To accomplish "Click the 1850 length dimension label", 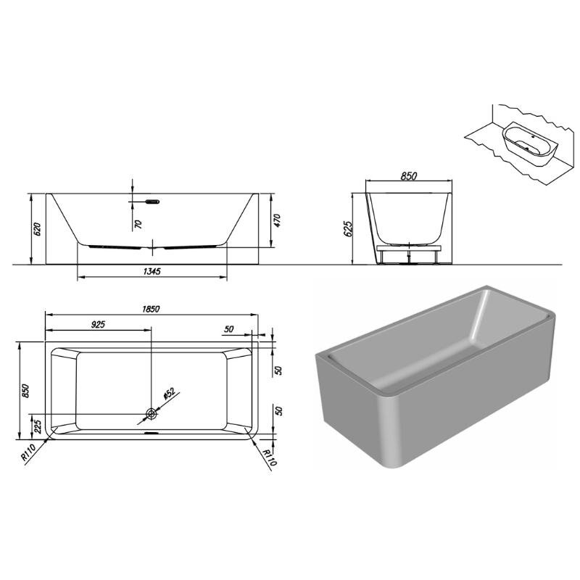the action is click(151, 309).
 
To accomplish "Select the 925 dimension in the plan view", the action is click(98, 324).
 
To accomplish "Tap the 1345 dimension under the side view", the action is click(152, 271).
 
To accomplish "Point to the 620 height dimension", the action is click(37, 229).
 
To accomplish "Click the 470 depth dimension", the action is click(278, 220).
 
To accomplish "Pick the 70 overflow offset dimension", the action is click(138, 224).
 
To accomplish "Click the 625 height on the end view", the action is click(348, 229).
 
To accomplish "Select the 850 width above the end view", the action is click(409, 175).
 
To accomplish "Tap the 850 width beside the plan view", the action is click(25, 391).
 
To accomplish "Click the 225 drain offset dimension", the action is click(38, 426).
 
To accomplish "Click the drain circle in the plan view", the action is click(152, 414).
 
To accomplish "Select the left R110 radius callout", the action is click(28, 452).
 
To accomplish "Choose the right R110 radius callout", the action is click(269, 457).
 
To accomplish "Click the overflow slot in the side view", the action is click(152, 202).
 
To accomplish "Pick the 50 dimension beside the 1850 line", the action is click(229, 329).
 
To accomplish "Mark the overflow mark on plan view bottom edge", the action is click(152, 433).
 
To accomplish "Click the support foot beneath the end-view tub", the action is click(409, 255).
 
